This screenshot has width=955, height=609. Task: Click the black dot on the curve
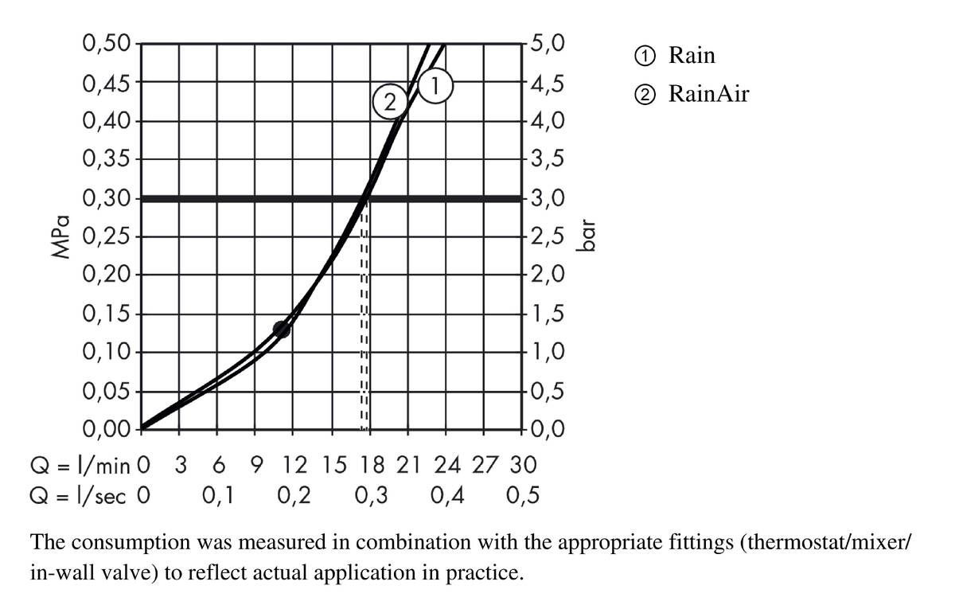pos(281,329)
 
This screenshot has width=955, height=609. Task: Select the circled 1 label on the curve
pos(435,84)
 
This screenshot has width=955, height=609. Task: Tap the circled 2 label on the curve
pos(389,102)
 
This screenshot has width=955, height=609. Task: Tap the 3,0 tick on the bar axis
pos(548,198)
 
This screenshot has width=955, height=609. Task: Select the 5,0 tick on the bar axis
pos(548,43)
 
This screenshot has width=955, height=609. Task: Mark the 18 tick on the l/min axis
pos(371,464)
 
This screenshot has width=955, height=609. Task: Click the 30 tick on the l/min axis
pos(523,464)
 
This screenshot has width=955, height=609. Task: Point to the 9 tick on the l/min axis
pos(256,464)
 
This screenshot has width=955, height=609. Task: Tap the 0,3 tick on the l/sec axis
pos(371,497)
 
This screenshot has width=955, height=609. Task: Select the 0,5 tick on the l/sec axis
pos(523,497)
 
